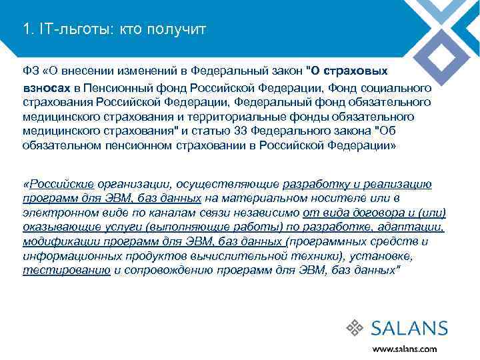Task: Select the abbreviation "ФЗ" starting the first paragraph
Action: tap(30, 70)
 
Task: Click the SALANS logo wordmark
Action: tap(409, 328)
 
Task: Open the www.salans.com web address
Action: tap(405, 348)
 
